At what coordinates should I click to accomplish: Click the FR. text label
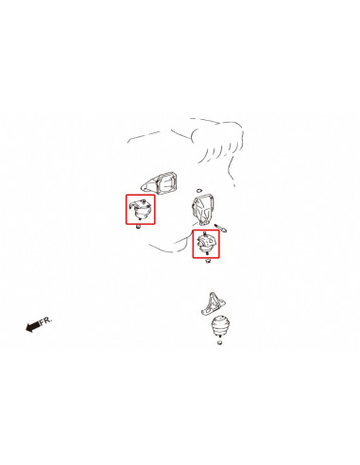pos(45,321)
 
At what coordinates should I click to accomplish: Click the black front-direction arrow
pos(33,326)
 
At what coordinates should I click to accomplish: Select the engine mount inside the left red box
pos(141,209)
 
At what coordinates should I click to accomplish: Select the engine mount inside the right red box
pos(206,243)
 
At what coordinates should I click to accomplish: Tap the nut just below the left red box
pos(138,227)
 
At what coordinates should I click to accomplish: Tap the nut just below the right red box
pos(208,261)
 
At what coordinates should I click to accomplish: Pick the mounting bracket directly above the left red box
pos(159,183)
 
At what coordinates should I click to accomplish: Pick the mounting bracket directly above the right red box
pos(202,210)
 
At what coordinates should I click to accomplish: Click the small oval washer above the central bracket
pos(198,190)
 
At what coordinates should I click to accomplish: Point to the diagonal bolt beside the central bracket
pos(220,228)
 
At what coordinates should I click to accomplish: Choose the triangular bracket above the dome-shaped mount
pos(214,304)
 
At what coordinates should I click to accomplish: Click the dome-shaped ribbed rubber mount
pos(220,327)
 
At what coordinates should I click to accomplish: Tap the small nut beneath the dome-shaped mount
pos(219,342)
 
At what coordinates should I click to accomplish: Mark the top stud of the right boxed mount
pos(205,233)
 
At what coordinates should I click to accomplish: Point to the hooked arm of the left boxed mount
pos(133,205)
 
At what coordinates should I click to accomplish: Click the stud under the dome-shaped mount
pos(219,337)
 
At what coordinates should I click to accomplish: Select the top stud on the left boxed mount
pos(144,200)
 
